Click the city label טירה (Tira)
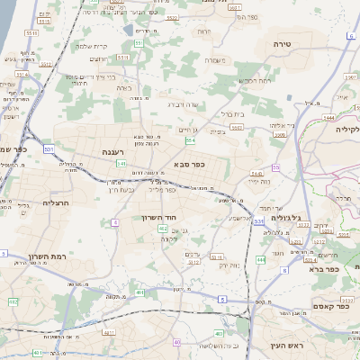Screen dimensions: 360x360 point(283,43)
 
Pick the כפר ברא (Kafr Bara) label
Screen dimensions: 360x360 point(322,268)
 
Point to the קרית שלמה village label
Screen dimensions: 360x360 point(91,46)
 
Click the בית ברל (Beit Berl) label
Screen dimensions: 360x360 point(233,114)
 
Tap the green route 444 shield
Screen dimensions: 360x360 point(260,259)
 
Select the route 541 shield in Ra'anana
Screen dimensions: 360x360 point(121,163)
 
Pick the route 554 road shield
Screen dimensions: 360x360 point(191,141)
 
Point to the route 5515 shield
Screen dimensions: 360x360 point(31,32)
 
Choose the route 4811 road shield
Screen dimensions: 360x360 point(108,333)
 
